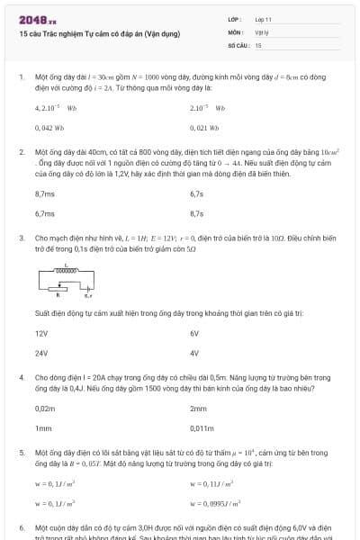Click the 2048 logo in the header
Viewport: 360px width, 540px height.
click(x=37, y=18)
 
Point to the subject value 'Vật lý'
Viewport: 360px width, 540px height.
click(x=262, y=31)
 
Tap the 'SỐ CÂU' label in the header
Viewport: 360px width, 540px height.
click(x=237, y=44)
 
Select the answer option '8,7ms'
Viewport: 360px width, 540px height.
click(x=44, y=193)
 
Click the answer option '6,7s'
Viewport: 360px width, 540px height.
click(x=197, y=193)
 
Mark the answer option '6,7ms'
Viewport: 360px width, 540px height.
click(x=44, y=213)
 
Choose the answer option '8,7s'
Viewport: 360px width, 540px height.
click(x=197, y=213)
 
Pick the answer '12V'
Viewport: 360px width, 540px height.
click(x=41, y=333)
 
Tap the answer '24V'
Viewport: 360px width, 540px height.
click(x=41, y=353)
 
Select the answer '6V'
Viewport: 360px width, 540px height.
click(x=194, y=333)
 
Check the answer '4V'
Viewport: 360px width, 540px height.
click(x=194, y=353)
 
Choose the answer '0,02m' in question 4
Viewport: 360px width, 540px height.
click(x=45, y=408)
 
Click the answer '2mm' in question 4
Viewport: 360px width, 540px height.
click(x=199, y=408)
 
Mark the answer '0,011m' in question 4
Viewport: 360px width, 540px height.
click(x=202, y=428)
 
